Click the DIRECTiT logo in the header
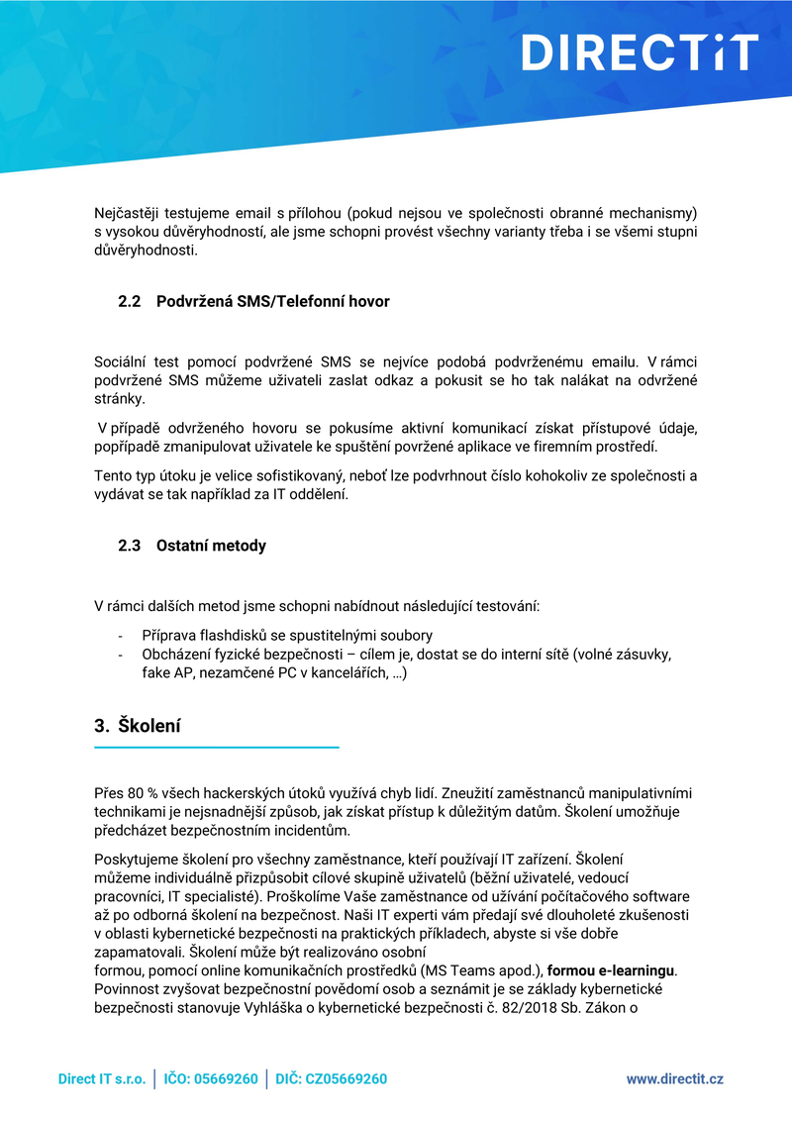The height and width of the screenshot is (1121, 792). (x=640, y=52)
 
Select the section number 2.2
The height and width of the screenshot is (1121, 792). (x=131, y=301)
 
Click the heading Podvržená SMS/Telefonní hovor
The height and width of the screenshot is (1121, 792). (x=273, y=301)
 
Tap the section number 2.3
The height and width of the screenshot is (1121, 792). (x=131, y=546)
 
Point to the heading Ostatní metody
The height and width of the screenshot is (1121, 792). (x=211, y=546)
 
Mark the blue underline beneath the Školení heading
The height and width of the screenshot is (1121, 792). (x=216, y=747)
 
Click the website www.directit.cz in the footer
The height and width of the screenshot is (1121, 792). (x=674, y=1078)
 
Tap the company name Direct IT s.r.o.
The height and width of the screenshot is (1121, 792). (x=101, y=1078)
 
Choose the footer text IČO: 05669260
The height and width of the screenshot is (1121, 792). (x=211, y=1078)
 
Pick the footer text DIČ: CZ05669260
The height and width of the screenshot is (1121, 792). (x=331, y=1078)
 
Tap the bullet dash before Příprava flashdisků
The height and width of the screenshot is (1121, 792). (x=120, y=636)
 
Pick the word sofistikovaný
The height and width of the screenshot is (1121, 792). (x=281, y=476)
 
